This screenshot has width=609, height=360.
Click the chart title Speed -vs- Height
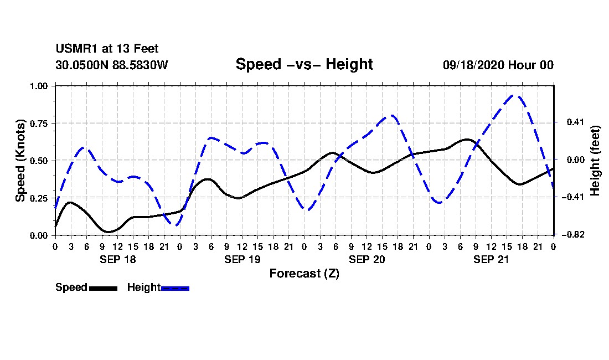[x=304, y=64]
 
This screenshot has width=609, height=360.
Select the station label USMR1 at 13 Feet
[x=107, y=49]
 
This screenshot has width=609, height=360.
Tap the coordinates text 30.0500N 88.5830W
[x=112, y=65]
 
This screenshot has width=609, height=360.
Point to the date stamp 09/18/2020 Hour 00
[x=498, y=65]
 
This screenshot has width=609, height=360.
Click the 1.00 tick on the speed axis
[x=39, y=86]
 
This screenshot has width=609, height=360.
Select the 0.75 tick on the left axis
[x=39, y=124]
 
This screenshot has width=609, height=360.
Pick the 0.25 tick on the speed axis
[x=39, y=198]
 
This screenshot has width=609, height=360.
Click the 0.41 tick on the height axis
[x=576, y=122]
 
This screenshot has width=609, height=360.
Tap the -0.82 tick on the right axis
[x=573, y=235]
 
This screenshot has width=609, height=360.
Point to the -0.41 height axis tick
[x=573, y=197]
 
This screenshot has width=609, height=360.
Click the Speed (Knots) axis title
[x=20, y=161]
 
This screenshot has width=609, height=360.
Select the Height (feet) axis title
[x=595, y=161]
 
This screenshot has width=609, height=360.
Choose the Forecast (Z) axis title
[x=304, y=274]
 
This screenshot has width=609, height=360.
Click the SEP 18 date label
[x=118, y=259]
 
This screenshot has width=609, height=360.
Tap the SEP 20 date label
[x=367, y=259]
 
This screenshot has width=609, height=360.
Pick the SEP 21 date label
[x=491, y=259]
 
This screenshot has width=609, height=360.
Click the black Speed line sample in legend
[x=104, y=288]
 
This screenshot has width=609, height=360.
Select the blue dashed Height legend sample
[x=175, y=288]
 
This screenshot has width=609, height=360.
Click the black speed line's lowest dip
[x=107, y=232]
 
